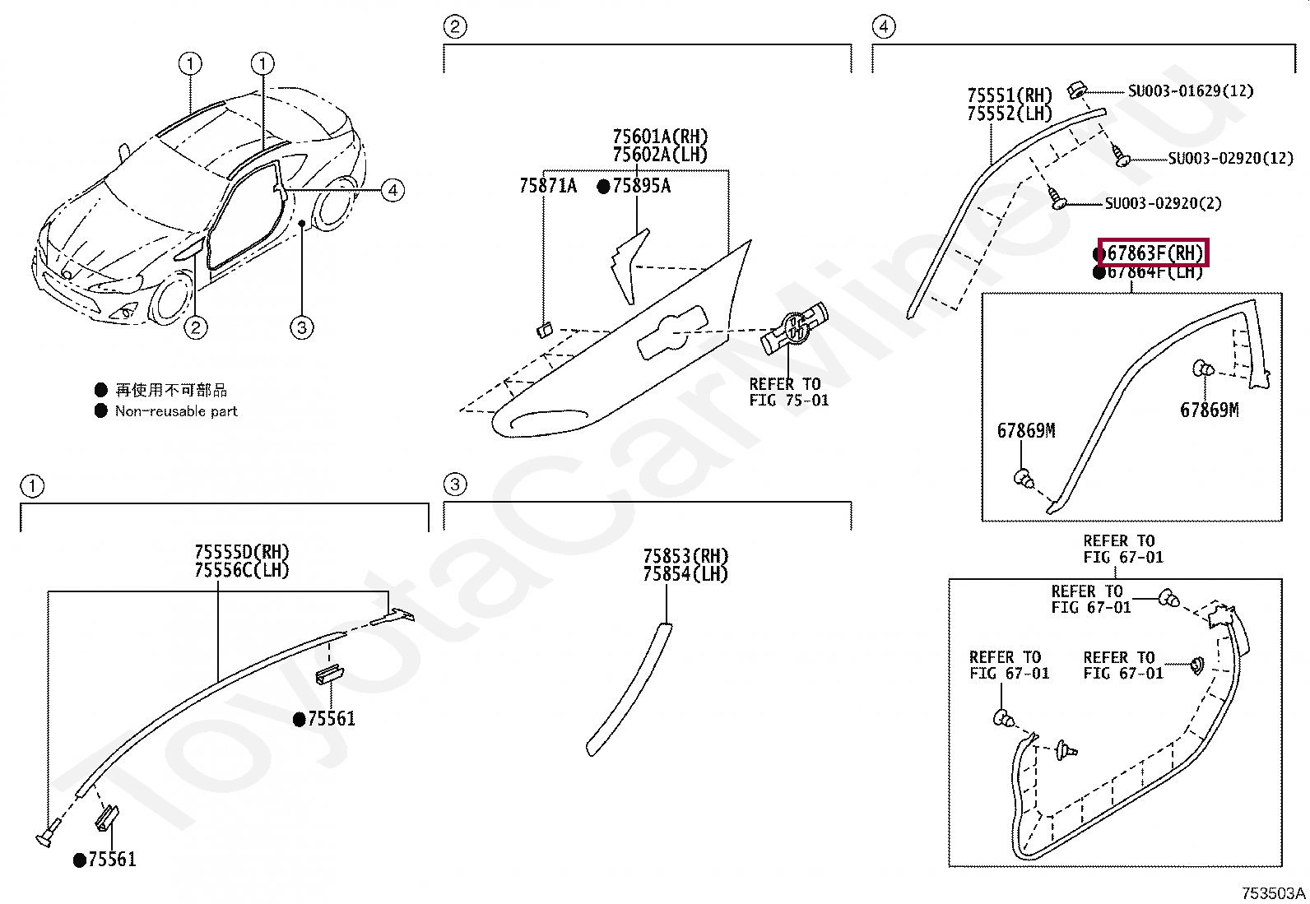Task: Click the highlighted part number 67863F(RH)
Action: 1153,253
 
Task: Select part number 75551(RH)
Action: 1010,95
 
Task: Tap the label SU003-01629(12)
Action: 1190,90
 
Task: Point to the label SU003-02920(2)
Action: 1163,203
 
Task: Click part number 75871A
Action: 548,187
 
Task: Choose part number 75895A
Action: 642,187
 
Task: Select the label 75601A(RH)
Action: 660,137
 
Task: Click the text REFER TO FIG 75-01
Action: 788,392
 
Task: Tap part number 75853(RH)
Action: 685,557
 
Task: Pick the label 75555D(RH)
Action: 242,553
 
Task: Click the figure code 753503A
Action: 1273,893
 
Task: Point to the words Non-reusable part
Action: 176,411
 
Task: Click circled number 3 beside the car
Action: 302,328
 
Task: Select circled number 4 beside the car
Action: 393,191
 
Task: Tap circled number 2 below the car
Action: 195,328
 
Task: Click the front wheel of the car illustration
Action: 171,299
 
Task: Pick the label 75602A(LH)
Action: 660,155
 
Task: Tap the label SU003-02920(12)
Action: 1231,158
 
